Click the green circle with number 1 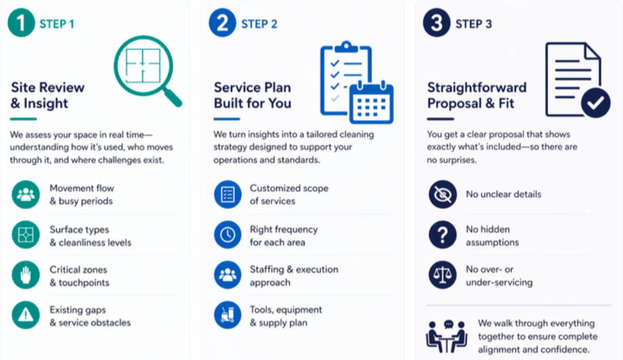tap(21, 24)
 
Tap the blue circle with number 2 tap(222, 24)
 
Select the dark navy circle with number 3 tap(436, 24)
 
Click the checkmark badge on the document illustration tap(595, 103)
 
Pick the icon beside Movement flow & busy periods tap(26, 195)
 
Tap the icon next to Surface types tap(26, 235)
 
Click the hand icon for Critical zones tap(26, 276)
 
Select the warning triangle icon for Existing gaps tap(26, 316)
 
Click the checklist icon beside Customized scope tap(228, 194)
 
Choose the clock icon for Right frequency tap(228, 235)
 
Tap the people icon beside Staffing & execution tap(228, 275)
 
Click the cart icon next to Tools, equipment tap(228, 316)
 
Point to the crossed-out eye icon tap(442, 194)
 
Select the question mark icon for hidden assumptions tap(442, 235)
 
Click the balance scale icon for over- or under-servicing tap(442, 275)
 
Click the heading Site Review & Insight tap(48, 95)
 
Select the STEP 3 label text tap(473, 24)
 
